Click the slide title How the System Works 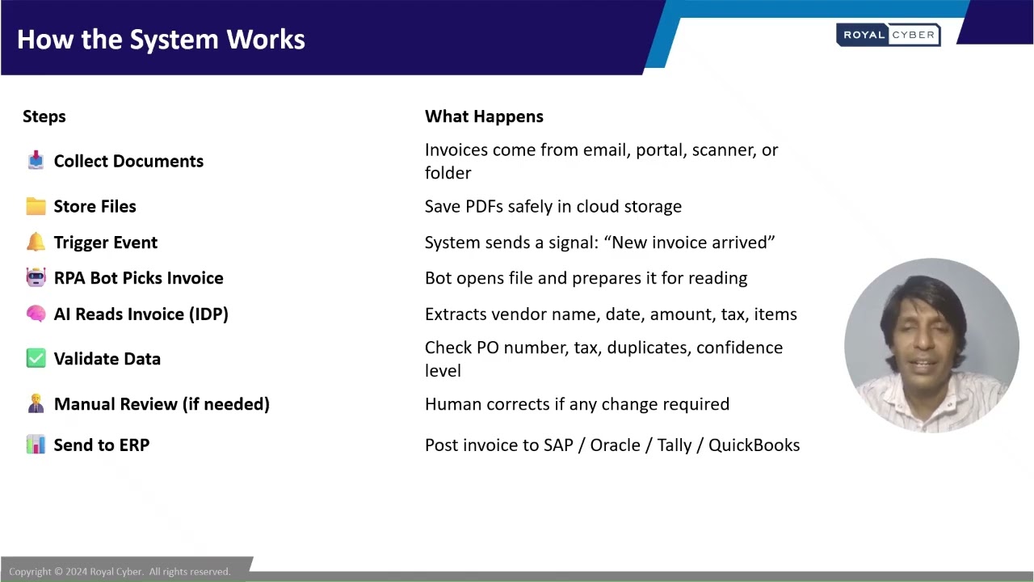coord(161,40)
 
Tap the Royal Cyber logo coord(888,35)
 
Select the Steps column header coord(44,116)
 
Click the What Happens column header coord(484,116)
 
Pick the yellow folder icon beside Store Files coord(36,206)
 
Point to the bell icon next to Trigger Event coord(36,242)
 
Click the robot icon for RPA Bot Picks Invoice coord(36,277)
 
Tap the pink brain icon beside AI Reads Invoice coord(36,314)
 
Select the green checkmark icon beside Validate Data coord(36,358)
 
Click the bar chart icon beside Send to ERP coord(36,445)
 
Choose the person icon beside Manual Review coord(36,403)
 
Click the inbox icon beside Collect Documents coord(36,160)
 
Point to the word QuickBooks coord(754,445)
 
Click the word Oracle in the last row coord(615,445)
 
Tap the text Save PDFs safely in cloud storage coord(553,207)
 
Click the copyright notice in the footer coord(120,571)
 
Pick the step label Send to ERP coord(101,445)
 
